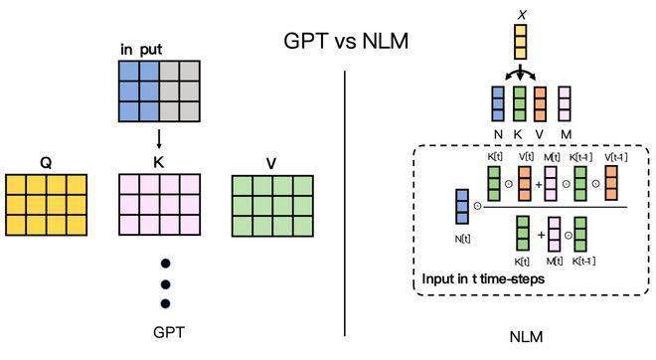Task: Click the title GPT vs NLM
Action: pyautogui.click(x=346, y=41)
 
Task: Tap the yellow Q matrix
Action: pyautogui.click(x=46, y=205)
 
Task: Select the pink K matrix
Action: pyautogui.click(x=159, y=205)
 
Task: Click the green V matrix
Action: pyautogui.click(x=272, y=206)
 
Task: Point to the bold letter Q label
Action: pyautogui.click(x=46, y=162)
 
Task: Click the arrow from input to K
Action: pyautogui.click(x=159, y=139)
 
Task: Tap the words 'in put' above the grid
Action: pyautogui.click(x=141, y=50)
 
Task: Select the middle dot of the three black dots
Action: pyautogui.click(x=166, y=284)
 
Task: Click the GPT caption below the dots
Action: pyautogui.click(x=169, y=332)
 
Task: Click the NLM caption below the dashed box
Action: pyautogui.click(x=526, y=336)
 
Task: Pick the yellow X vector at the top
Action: pyautogui.click(x=521, y=42)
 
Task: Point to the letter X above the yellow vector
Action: pyautogui.click(x=522, y=15)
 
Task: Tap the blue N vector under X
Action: pyautogui.click(x=498, y=103)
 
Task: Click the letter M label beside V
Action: pyautogui.click(x=566, y=134)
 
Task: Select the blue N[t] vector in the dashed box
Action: pyautogui.click(x=462, y=207)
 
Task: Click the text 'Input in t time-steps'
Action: pyautogui.click(x=483, y=278)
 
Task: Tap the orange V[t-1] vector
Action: pyautogui.click(x=611, y=183)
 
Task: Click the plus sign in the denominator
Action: pyautogui.click(x=541, y=235)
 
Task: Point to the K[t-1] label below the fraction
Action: pyautogui.click(x=583, y=262)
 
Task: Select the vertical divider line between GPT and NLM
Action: pyautogui.click(x=345, y=204)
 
